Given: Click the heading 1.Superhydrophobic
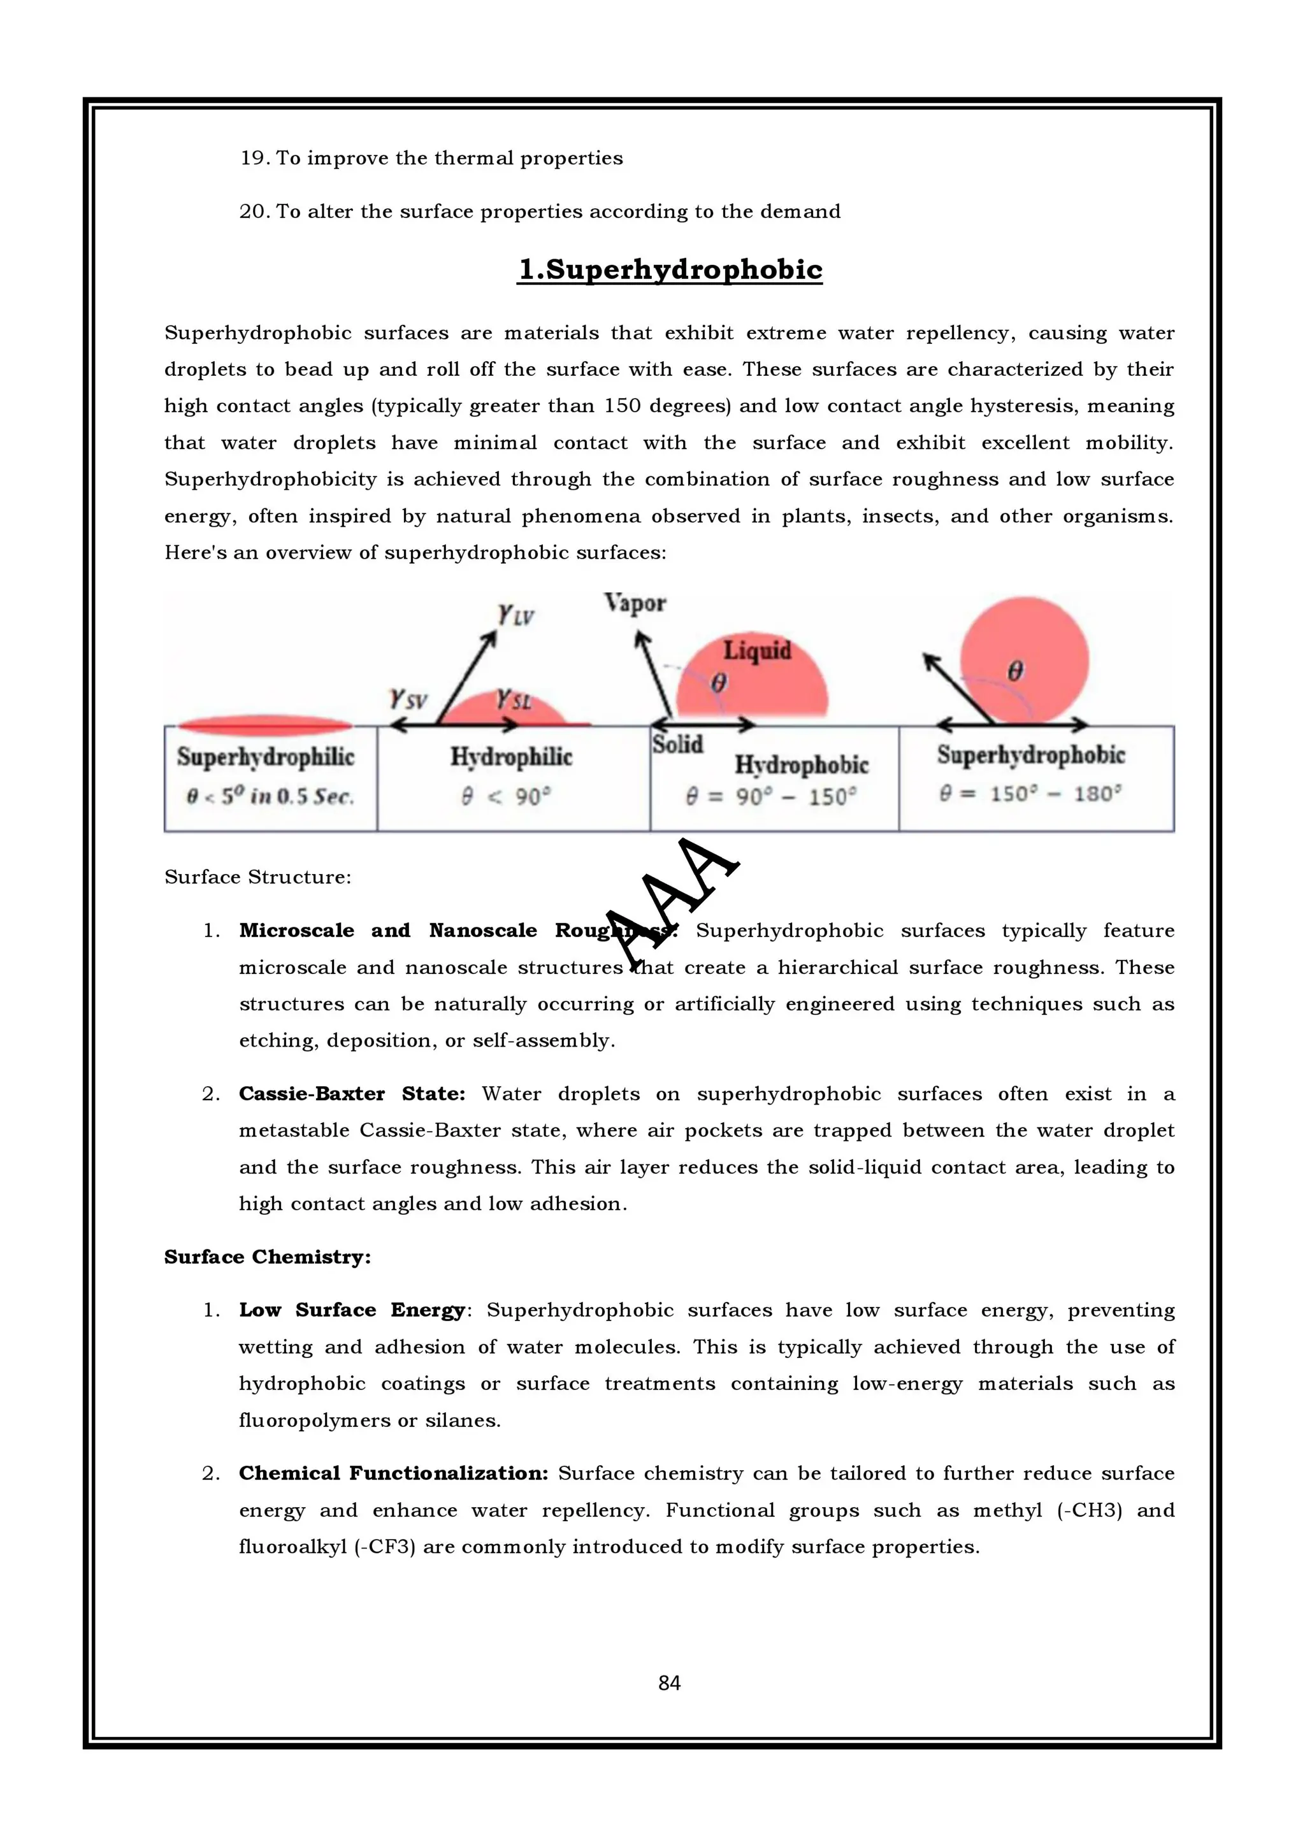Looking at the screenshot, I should pos(670,269).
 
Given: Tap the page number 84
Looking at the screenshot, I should pos(669,1683).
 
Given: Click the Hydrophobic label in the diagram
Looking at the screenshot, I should pos(801,764).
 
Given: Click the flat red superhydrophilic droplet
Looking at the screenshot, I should pos(264,725).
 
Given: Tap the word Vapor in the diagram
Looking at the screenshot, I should pos(635,603).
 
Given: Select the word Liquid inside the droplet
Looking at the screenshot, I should pos(756,650).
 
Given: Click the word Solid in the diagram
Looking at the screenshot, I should pos(677,745).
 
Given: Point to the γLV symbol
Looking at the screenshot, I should pos(516,616).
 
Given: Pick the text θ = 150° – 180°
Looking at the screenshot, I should pos(1030,794).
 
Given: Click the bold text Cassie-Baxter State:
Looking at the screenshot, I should pos(351,1094).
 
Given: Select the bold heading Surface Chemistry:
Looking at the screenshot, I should pos(267,1257).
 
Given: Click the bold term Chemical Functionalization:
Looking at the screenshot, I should pos(393,1473).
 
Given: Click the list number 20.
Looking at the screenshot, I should pos(252,211).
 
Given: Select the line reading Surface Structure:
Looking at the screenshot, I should pos(257,876).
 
